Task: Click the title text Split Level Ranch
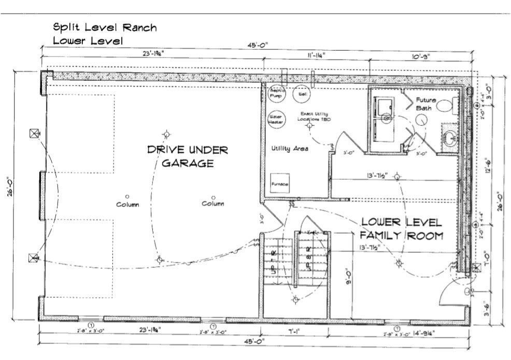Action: tap(104, 27)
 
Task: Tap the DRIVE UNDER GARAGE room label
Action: tap(188, 156)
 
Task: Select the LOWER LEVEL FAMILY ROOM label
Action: tap(402, 228)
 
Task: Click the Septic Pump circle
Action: tap(276, 94)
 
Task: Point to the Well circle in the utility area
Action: tap(302, 94)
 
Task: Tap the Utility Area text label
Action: tap(290, 149)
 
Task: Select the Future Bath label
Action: tap(426, 104)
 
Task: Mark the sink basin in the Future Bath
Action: tap(450, 138)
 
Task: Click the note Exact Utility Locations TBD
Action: tap(313, 116)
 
